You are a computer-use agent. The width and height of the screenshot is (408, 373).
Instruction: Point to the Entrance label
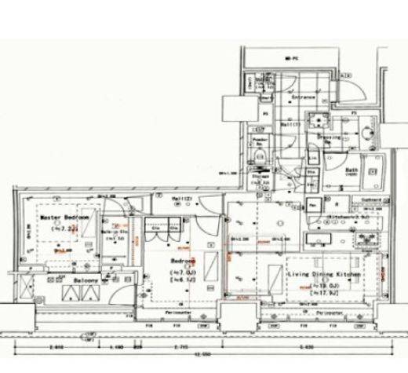(303, 97)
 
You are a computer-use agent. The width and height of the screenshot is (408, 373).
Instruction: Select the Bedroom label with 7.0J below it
(183, 261)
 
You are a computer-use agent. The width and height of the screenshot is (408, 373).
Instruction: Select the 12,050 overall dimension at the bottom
(202, 354)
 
